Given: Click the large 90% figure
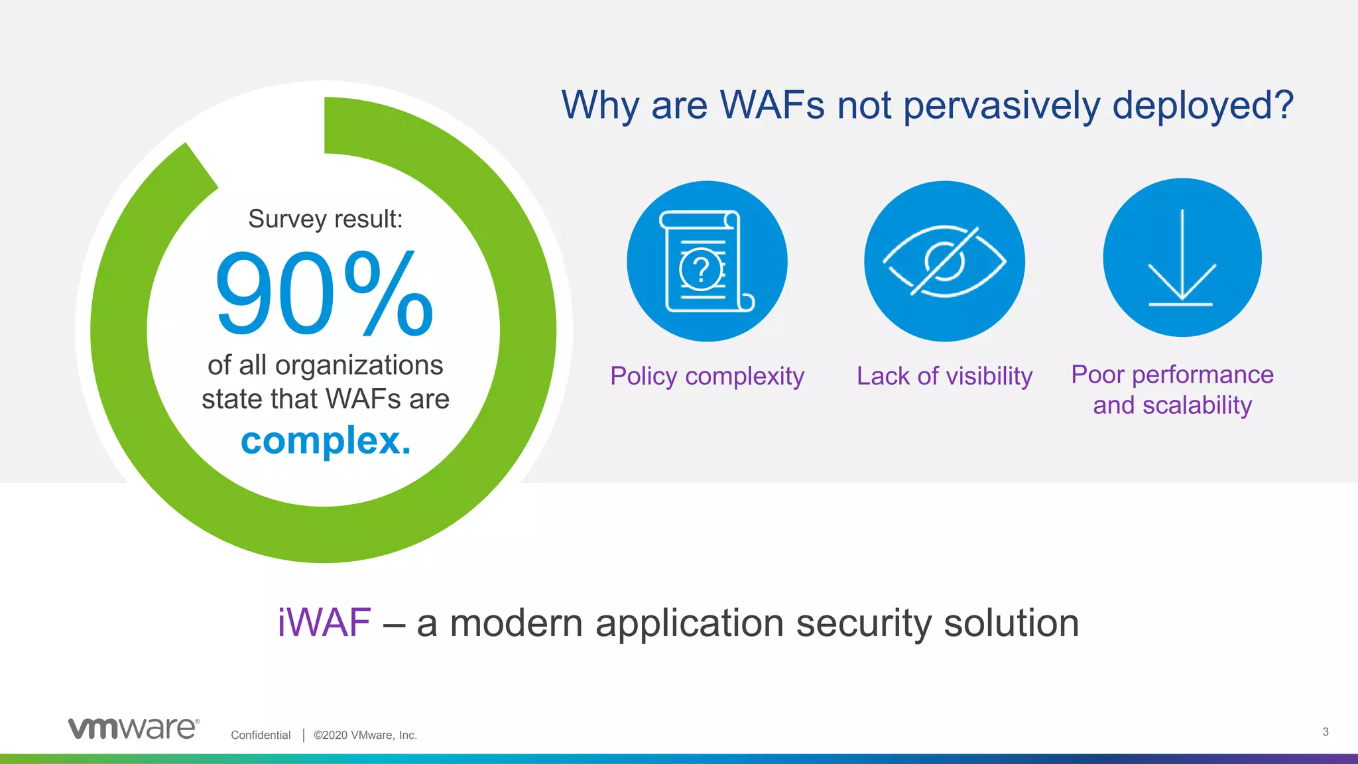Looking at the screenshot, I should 324,293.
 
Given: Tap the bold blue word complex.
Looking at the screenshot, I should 326,440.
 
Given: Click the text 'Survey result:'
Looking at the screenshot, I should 325,219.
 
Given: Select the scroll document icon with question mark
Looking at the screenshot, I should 707,261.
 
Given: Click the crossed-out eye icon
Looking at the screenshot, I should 944,261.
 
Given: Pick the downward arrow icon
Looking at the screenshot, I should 1182,258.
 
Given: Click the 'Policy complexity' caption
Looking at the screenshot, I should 707,376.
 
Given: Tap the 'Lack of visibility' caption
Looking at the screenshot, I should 944,376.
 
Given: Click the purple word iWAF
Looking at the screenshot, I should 324,623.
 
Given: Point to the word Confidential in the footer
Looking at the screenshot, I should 261,735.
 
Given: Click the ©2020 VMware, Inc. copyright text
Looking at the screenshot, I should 365,735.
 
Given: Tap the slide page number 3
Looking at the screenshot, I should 1325,732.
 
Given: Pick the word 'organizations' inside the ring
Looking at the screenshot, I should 359,365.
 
